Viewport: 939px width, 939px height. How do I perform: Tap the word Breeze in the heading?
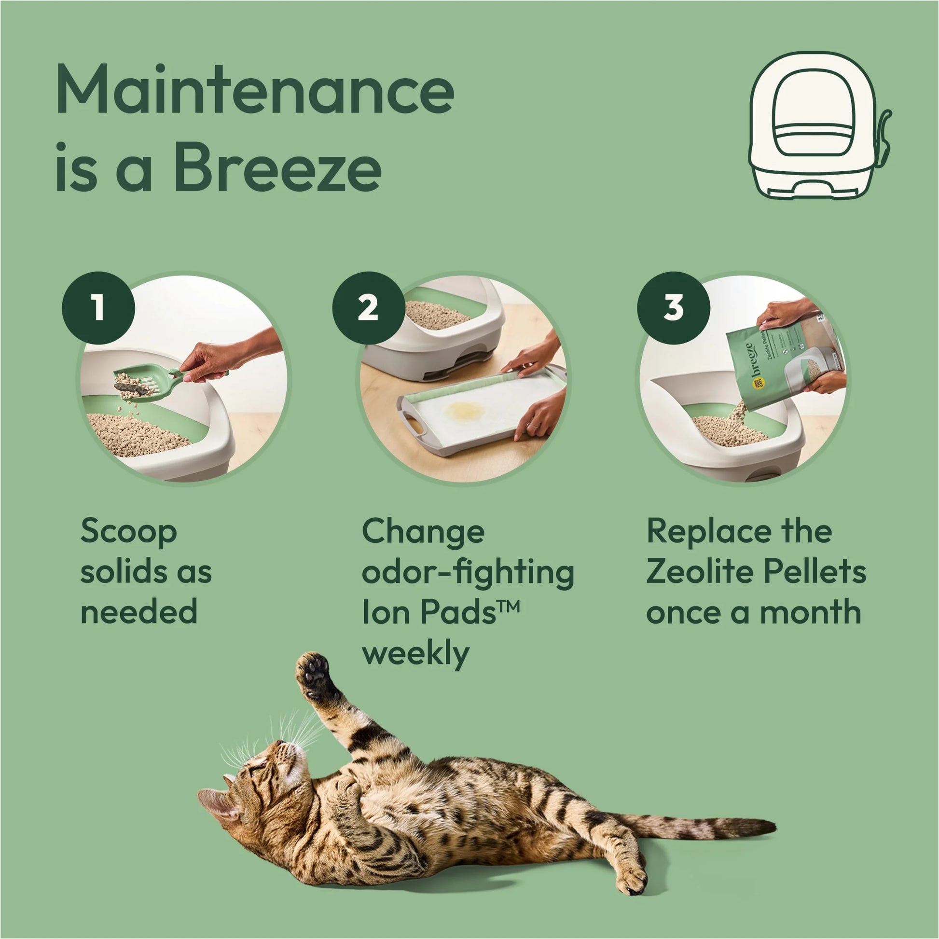277,168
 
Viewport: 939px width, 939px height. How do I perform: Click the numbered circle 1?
98,307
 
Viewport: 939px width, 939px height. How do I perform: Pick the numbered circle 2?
368,307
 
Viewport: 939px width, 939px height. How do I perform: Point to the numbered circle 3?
673,307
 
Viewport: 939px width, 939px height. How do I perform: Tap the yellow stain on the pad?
466,411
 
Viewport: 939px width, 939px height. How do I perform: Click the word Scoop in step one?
128,532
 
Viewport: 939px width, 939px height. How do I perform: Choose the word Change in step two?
423,532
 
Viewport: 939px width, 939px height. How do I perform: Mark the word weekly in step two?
415,654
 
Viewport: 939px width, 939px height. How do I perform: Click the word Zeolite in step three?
700,572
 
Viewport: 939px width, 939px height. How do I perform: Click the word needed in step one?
139,612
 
